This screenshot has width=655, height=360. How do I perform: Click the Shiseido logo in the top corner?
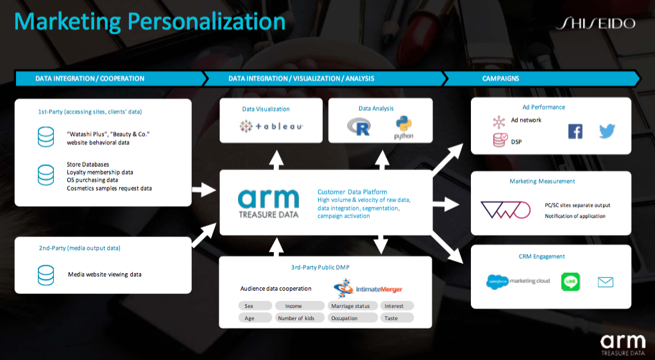(x=596, y=23)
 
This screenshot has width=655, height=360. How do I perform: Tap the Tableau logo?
(x=271, y=126)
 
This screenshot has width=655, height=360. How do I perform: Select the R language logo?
(x=359, y=126)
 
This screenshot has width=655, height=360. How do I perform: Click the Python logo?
(x=404, y=128)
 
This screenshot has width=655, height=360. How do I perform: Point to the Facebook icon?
(x=575, y=131)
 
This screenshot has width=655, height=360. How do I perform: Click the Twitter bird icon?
(x=607, y=131)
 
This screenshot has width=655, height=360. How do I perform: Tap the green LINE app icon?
(x=570, y=282)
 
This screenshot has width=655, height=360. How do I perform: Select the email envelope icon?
(x=606, y=282)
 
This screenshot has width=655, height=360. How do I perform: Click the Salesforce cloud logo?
(x=497, y=282)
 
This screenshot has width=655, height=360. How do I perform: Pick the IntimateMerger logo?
(x=368, y=288)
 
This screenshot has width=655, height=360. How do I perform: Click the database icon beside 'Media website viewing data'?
(x=46, y=275)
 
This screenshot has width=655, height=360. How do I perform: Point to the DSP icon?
(x=500, y=140)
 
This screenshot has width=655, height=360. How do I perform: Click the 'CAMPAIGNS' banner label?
(x=500, y=78)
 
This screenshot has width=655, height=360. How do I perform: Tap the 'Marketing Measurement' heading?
(x=542, y=181)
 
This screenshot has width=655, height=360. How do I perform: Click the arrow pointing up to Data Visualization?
(x=276, y=160)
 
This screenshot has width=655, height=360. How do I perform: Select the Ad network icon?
(x=498, y=122)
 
